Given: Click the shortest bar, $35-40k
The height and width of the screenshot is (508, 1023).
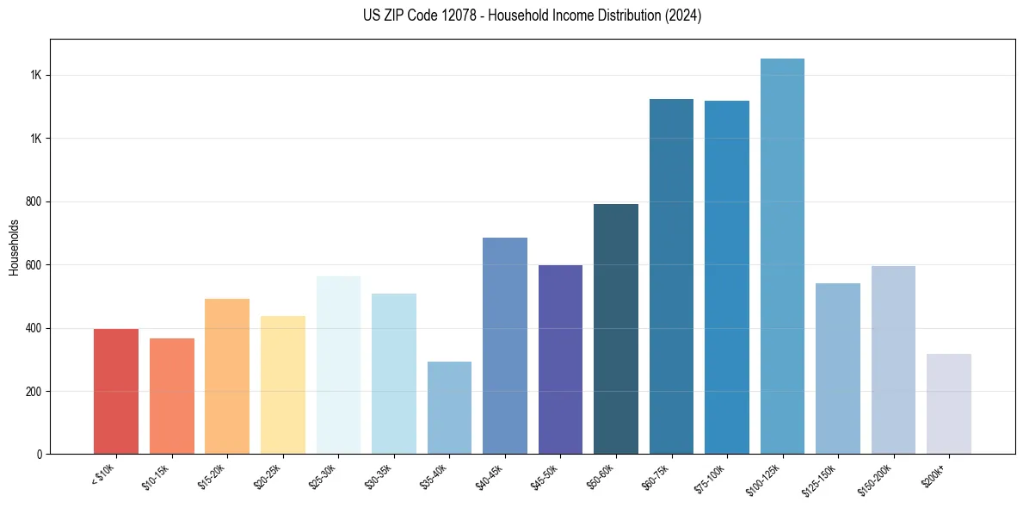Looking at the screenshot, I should pyautogui.click(x=449, y=408).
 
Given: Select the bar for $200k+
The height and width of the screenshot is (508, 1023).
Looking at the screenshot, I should pyautogui.click(x=949, y=404).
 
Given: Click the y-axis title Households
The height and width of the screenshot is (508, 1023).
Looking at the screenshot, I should pyautogui.click(x=14, y=247).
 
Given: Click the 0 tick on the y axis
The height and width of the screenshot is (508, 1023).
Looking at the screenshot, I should pyautogui.click(x=40, y=455).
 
